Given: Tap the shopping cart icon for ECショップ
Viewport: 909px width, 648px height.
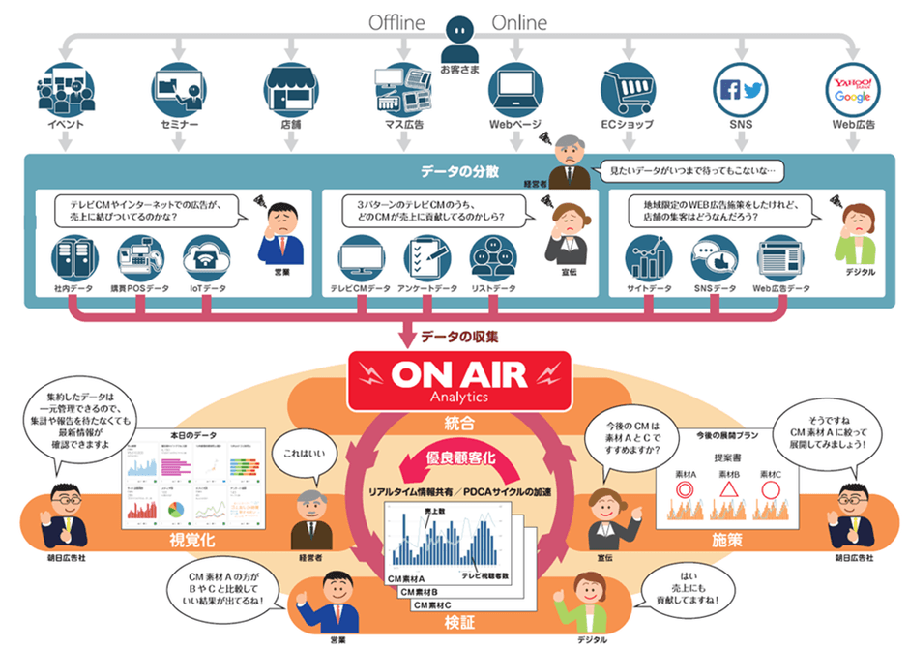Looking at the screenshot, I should click(x=630, y=90).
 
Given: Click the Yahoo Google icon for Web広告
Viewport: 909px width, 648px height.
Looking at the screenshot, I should click(x=855, y=90).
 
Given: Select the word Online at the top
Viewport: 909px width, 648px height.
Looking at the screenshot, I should click(x=519, y=21).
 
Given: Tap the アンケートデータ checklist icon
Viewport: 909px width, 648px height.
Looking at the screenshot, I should click(x=428, y=256).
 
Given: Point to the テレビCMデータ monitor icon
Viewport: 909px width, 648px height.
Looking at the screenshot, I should click(x=361, y=256).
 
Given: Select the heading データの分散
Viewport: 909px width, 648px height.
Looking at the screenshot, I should click(x=459, y=171).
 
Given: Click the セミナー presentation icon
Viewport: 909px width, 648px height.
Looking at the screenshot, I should click(x=178, y=90).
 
